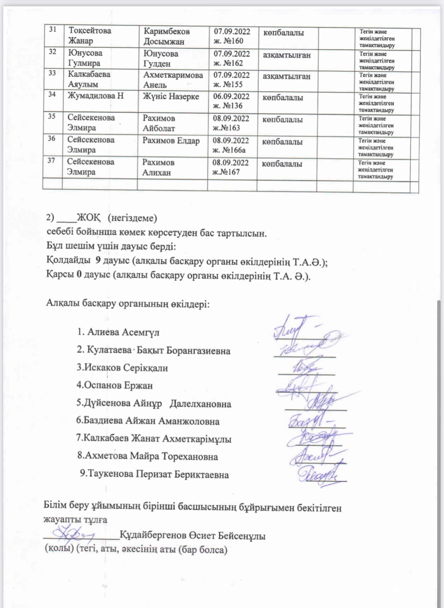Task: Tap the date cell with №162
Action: (x=231, y=58)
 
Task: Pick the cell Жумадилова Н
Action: (x=95, y=96)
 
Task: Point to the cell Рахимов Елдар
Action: (x=171, y=141)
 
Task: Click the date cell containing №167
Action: (x=230, y=168)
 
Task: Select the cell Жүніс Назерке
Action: (x=171, y=97)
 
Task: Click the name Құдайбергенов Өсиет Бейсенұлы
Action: (x=192, y=536)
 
